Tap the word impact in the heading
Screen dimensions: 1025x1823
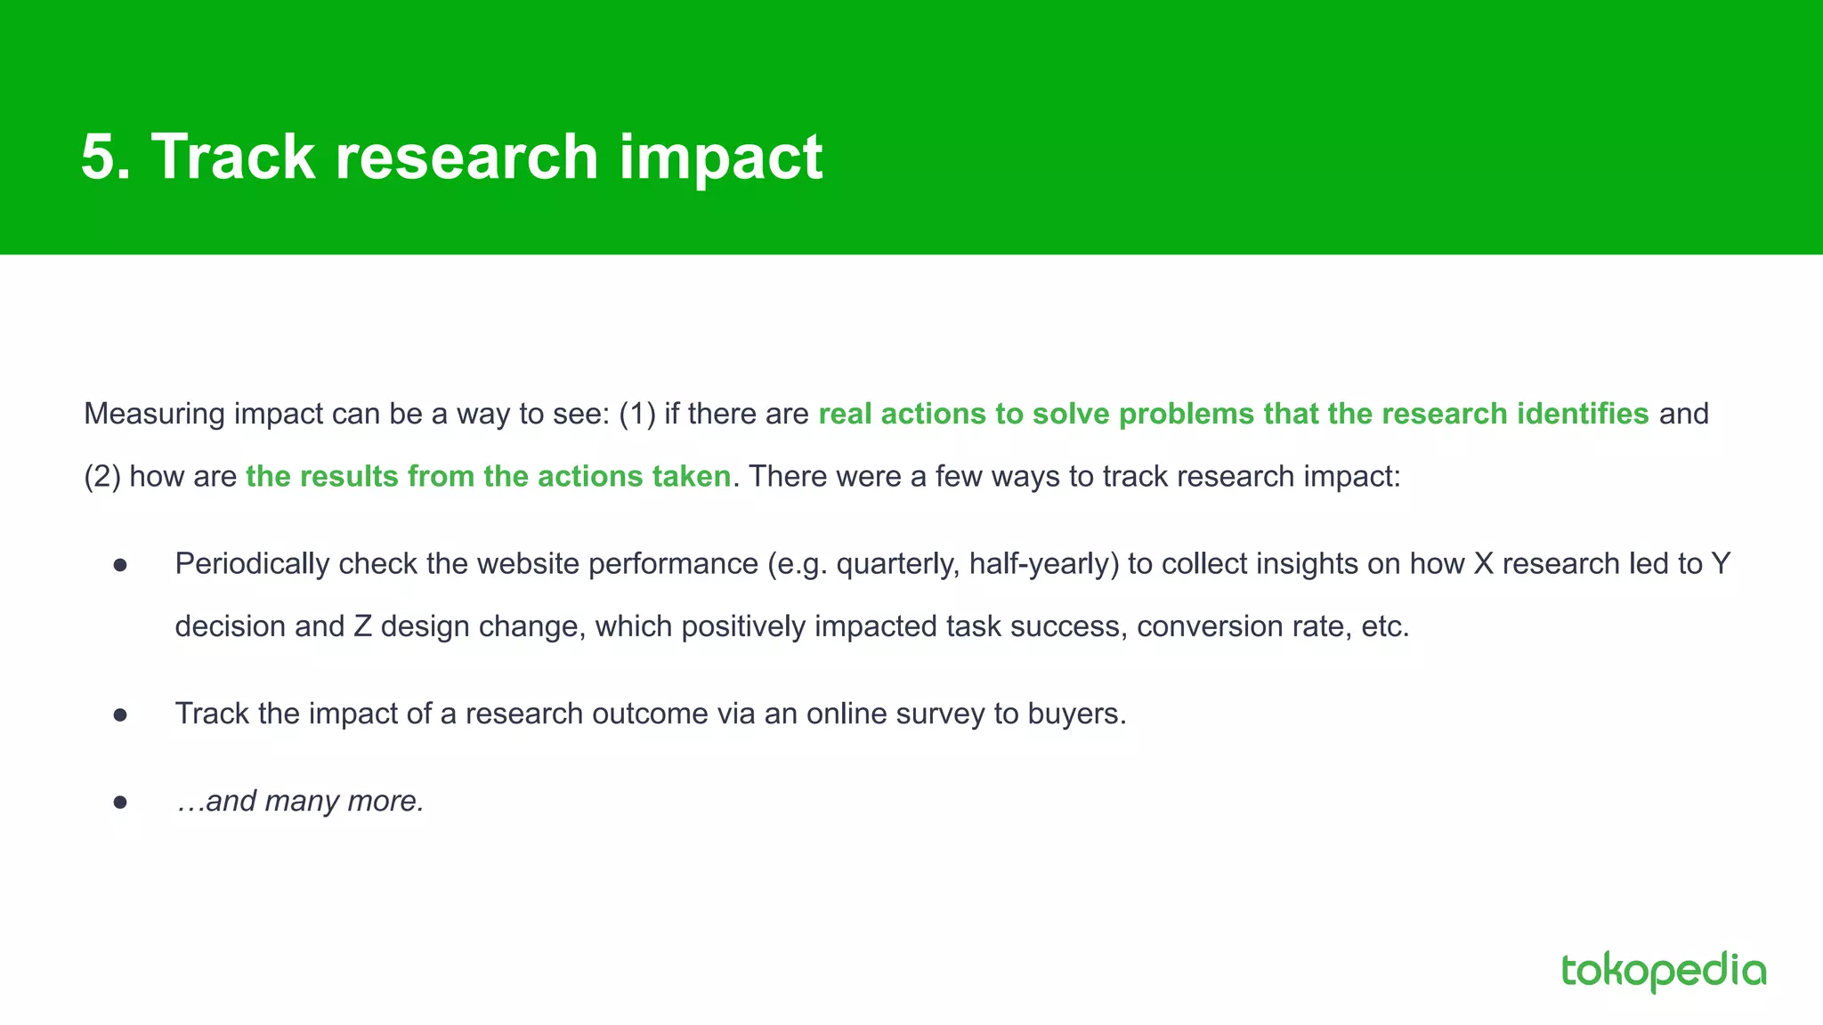click(720, 157)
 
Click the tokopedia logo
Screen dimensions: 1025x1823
click(1663, 971)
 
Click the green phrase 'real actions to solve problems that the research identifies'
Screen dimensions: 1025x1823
click(1233, 414)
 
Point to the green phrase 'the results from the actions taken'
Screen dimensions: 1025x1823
click(488, 477)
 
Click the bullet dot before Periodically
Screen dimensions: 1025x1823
click(121, 565)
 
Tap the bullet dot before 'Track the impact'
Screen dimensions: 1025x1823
click(121, 714)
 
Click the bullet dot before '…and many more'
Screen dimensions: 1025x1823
click(121, 802)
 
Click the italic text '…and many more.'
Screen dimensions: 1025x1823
click(300, 801)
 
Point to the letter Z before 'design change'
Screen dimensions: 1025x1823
click(362, 626)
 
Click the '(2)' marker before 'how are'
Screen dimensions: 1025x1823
click(101, 477)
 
